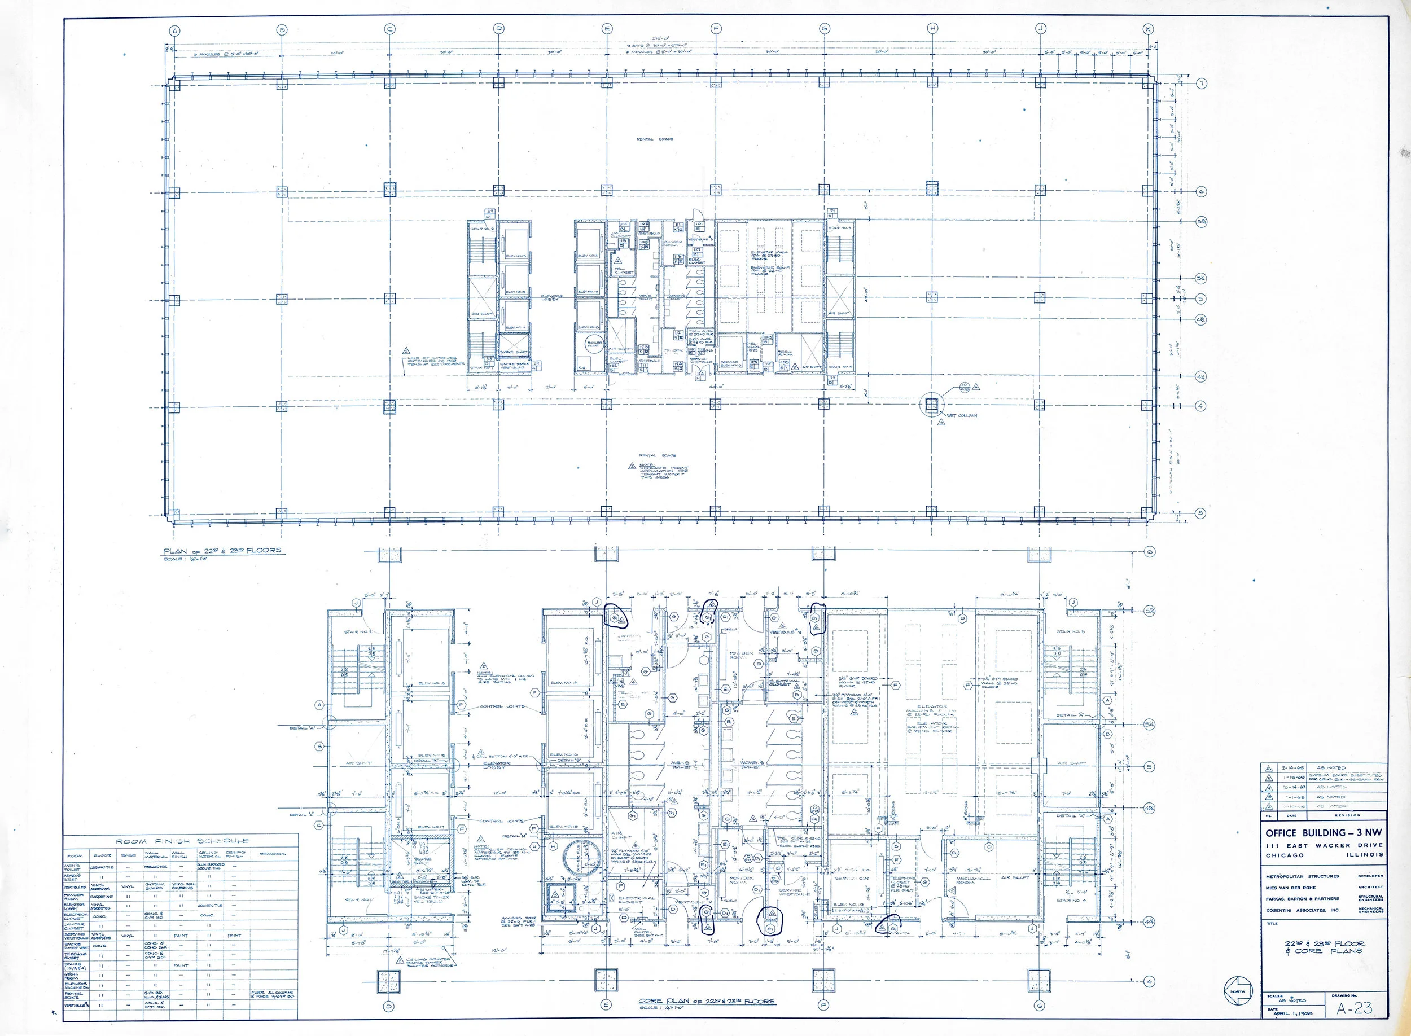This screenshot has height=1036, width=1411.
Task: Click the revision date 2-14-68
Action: [1293, 767]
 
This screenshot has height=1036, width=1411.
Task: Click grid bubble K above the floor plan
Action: [1147, 29]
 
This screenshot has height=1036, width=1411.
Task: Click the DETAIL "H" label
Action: [514, 836]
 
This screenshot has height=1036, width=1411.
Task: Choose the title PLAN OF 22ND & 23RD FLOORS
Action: [222, 551]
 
